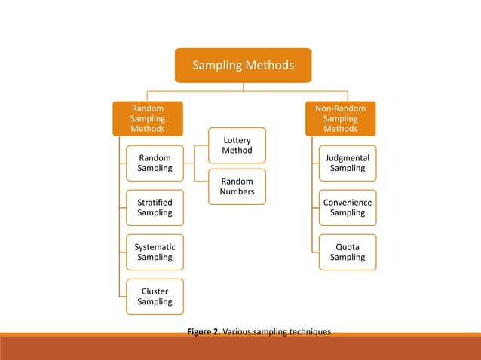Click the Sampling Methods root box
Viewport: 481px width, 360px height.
tap(243, 66)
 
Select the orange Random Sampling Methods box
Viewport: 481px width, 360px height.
tap(148, 118)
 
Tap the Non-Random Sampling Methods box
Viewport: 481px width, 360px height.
tap(340, 118)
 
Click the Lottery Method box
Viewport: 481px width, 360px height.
tap(237, 145)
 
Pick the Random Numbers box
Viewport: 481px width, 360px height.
tap(237, 186)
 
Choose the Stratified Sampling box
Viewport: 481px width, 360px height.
tap(154, 207)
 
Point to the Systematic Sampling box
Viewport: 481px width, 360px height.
tap(154, 252)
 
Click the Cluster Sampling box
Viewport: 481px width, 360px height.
tap(154, 296)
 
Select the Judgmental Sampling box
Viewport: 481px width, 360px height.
tap(347, 163)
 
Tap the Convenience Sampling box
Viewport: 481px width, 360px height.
tap(347, 207)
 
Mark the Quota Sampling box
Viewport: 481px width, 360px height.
tap(347, 252)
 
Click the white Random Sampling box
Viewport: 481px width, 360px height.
tap(154, 163)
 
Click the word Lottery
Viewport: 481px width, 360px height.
tap(237, 140)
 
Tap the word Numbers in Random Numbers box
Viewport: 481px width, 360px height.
tap(237, 192)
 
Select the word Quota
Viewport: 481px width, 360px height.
tap(348, 246)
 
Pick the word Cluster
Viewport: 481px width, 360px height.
tap(155, 291)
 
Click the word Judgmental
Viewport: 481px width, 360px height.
tap(348, 157)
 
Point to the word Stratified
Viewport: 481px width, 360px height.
tap(155, 202)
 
